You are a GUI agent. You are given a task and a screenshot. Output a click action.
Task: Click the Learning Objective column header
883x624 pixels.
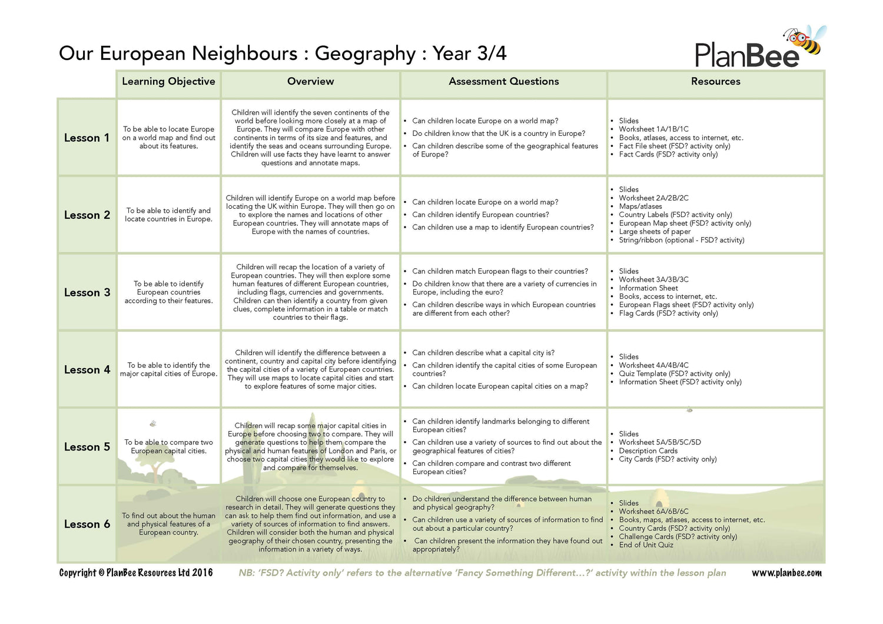(x=168, y=82)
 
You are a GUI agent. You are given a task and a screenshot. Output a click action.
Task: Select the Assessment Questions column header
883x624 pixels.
(x=503, y=82)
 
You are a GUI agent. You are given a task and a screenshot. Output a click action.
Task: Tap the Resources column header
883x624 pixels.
(x=715, y=82)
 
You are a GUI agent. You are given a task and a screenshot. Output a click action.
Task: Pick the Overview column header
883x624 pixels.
(x=310, y=82)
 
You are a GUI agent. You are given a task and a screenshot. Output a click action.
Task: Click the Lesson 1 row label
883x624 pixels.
(x=87, y=138)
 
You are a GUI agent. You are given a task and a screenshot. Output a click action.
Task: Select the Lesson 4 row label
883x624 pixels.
(x=87, y=370)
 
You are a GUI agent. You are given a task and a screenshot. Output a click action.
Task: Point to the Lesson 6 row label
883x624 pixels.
(x=87, y=525)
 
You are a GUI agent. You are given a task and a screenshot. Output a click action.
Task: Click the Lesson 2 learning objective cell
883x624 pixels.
(x=168, y=215)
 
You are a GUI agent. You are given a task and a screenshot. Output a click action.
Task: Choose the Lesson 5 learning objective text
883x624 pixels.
(x=168, y=447)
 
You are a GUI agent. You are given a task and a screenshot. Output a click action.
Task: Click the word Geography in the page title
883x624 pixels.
(x=365, y=54)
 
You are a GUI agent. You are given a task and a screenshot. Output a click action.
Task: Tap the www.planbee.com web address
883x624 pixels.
(x=786, y=573)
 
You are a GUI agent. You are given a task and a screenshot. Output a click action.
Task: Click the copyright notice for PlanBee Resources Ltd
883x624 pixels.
(x=136, y=573)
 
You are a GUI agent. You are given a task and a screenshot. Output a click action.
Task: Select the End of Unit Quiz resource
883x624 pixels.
(x=646, y=545)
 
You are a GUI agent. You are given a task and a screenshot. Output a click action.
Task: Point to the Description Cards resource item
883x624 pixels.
(x=648, y=451)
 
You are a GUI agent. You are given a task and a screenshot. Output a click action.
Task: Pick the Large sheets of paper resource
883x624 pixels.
(x=655, y=232)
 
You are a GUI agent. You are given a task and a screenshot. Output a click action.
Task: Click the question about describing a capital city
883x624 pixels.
(x=483, y=353)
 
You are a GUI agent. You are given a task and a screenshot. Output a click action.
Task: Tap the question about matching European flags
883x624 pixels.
(x=500, y=272)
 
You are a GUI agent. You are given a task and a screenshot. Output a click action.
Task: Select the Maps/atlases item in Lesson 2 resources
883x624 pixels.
(x=640, y=206)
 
